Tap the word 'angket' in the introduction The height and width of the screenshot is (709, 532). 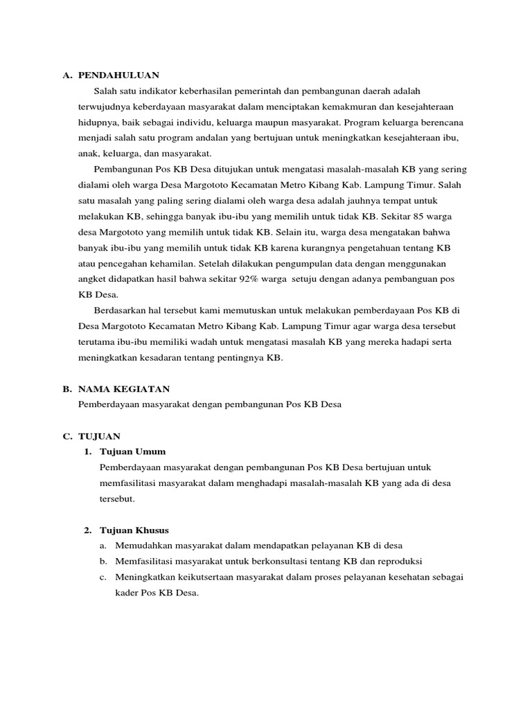[x=93, y=278]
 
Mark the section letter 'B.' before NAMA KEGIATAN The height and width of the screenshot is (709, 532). [x=66, y=390]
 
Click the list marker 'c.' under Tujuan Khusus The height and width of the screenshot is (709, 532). [x=103, y=577]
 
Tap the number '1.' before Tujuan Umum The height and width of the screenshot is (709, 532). [x=88, y=451]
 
